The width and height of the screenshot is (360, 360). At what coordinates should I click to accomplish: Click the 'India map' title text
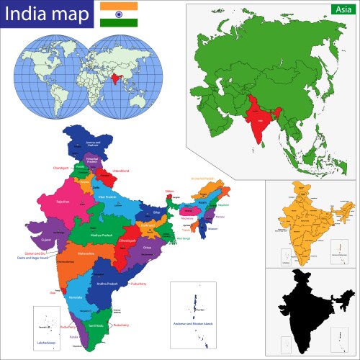click(47, 14)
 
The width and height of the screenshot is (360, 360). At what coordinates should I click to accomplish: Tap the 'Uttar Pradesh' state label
click(127, 196)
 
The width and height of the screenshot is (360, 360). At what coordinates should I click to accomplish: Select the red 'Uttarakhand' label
click(120, 171)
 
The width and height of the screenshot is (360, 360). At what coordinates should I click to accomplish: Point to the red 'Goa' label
click(53, 292)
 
